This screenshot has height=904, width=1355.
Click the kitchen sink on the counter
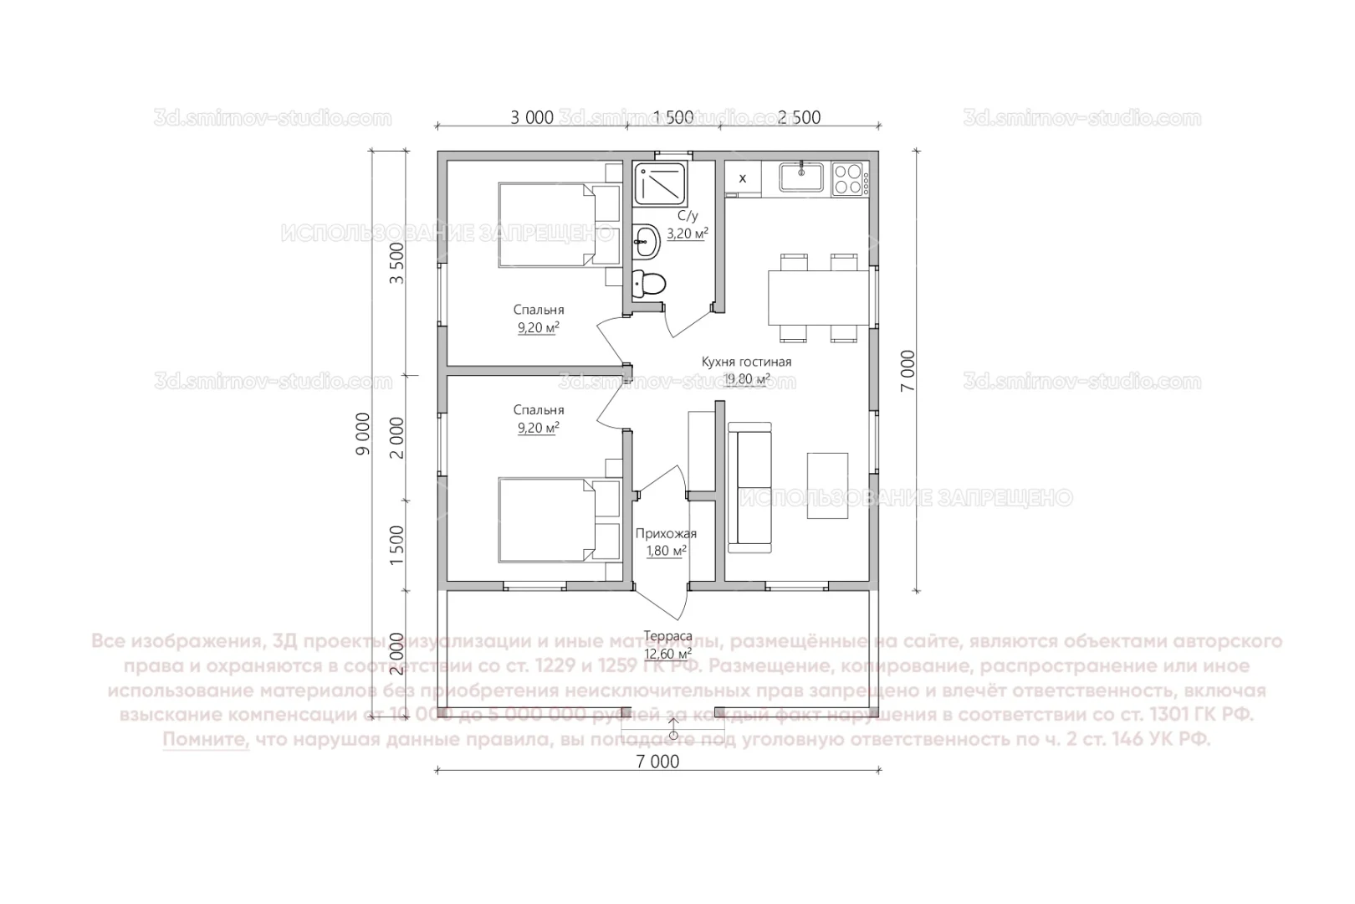(x=801, y=177)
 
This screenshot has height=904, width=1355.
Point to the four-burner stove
(x=847, y=177)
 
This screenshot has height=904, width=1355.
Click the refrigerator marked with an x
(x=742, y=178)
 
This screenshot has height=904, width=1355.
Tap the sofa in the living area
(x=749, y=487)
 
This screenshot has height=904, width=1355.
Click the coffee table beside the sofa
(x=827, y=486)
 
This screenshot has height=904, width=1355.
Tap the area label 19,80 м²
(x=746, y=379)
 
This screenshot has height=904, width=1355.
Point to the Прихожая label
(x=666, y=533)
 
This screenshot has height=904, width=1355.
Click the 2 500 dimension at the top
(x=799, y=117)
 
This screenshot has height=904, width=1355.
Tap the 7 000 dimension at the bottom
(x=657, y=761)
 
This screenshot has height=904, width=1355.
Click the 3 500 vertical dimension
(x=397, y=262)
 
